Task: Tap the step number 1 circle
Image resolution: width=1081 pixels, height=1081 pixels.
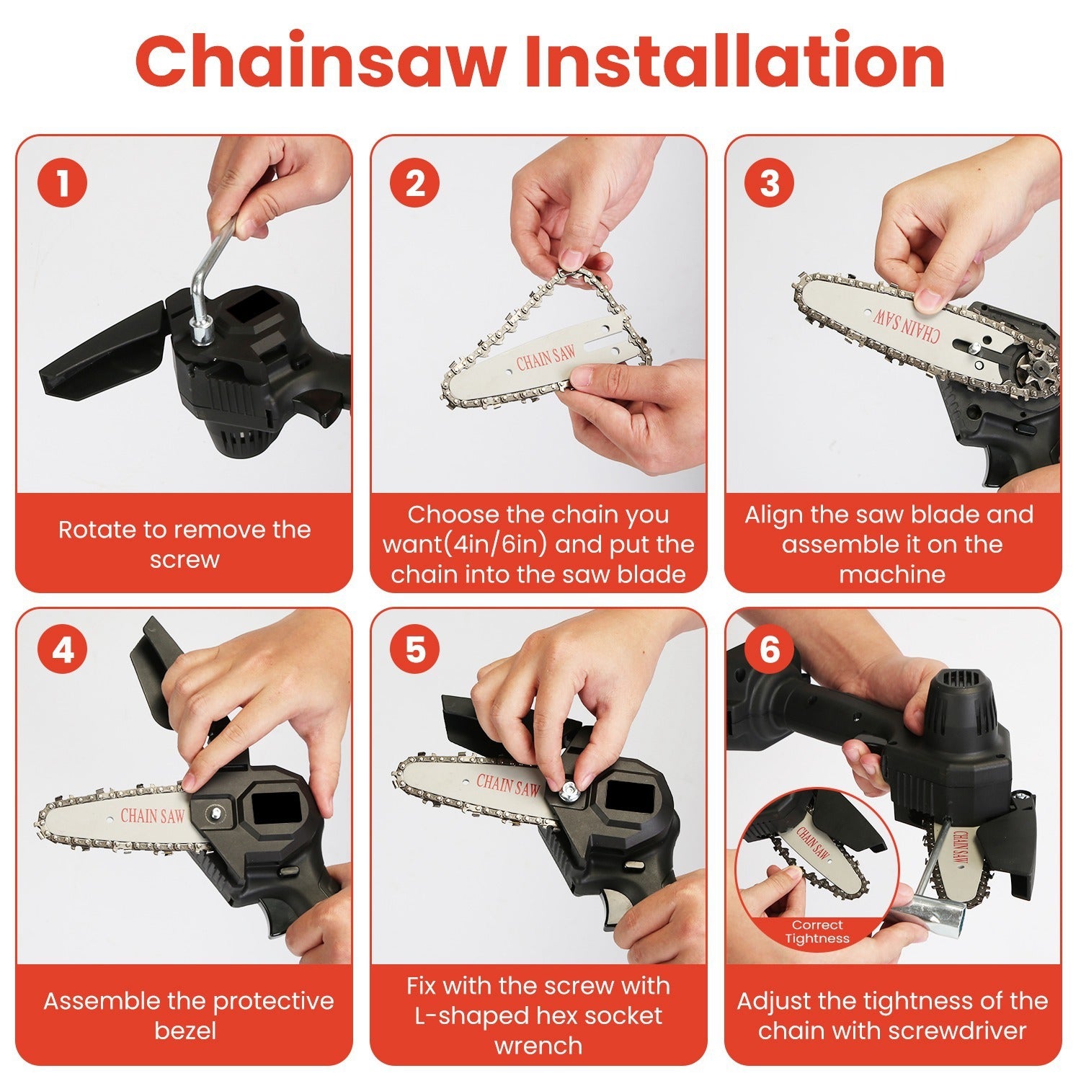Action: click(63, 182)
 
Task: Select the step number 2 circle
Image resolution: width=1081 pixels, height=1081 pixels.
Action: click(415, 182)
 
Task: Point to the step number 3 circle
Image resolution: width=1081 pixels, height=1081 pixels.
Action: click(770, 182)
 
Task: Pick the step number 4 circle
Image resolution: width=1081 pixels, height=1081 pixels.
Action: click(63, 650)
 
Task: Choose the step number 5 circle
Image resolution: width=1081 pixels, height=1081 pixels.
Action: click(415, 650)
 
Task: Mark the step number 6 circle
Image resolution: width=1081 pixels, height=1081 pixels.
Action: click(770, 650)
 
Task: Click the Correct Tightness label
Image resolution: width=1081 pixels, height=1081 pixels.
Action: click(817, 932)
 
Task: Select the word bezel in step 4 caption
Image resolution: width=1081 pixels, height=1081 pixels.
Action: click(185, 1031)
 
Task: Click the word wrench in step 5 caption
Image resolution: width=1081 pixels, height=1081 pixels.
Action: click(538, 1046)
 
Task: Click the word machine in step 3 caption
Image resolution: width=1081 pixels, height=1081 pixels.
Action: click(892, 574)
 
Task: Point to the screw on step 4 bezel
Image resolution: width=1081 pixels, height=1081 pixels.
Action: click(214, 813)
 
